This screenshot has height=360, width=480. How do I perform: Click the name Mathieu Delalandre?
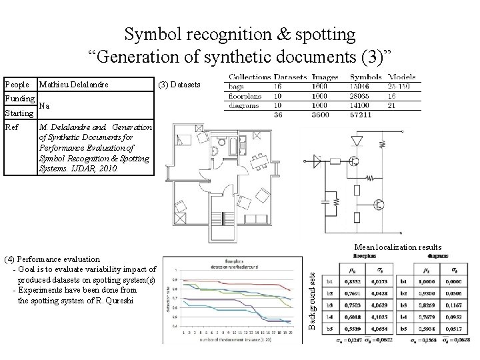pos(73,85)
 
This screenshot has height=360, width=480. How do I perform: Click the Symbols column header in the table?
pos(365,77)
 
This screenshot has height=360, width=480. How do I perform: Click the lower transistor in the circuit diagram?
pos(379,205)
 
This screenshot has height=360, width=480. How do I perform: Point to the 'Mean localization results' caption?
pos(399,247)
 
